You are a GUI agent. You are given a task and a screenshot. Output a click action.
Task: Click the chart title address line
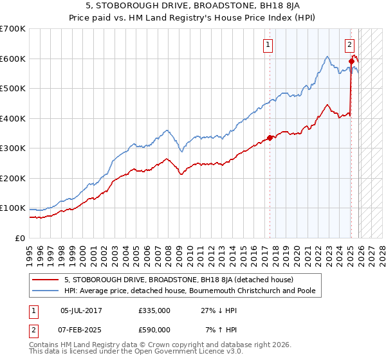pos(193,6)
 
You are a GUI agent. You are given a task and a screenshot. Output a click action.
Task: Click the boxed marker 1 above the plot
pos(268,45)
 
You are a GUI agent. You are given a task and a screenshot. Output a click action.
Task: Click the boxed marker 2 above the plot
pos(349,45)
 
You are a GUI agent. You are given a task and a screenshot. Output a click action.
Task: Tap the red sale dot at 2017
pos(270,138)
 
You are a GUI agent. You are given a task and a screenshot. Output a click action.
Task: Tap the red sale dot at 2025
pos(351,62)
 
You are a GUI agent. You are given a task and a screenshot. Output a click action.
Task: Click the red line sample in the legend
pos(46,280)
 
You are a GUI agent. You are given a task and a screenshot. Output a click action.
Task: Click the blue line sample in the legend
pos(46,291)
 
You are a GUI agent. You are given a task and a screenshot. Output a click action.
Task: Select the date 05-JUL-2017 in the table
pos(81,310)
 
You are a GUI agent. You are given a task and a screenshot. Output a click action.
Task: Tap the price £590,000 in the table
pos(154,329)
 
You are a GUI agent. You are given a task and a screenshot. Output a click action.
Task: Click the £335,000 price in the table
pos(154,310)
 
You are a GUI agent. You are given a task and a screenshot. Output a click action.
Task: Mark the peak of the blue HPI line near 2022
pos(327,57)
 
